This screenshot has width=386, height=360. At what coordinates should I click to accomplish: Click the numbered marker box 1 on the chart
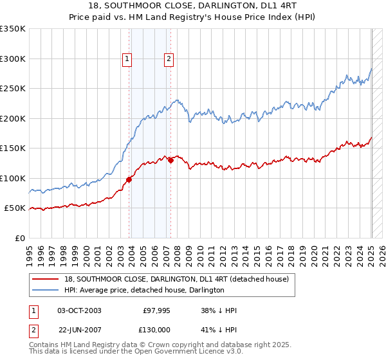point(127,59)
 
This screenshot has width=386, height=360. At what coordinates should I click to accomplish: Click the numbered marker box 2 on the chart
point(169,59)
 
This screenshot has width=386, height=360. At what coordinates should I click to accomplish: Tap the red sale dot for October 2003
point(129,179)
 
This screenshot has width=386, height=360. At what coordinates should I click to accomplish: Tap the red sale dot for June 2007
point(171,160)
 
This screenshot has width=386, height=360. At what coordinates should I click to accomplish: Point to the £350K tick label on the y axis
point(12,29)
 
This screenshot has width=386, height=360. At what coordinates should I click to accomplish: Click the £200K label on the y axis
point(12,118)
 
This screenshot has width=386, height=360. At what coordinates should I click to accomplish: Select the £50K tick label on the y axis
point(14,208)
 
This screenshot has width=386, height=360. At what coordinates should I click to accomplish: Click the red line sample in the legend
point(45,279)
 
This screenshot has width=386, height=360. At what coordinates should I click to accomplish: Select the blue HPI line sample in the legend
point(45,290)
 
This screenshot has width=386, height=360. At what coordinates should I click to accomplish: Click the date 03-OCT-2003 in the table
point(79,310)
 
